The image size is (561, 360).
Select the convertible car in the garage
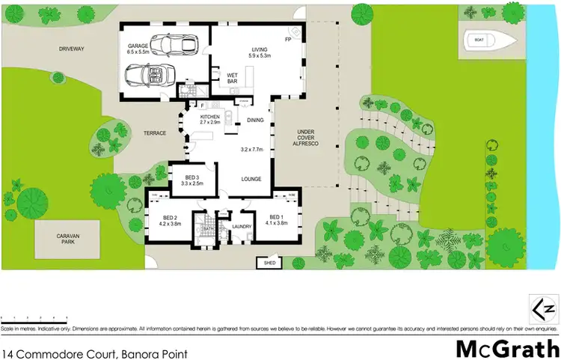point(149,76)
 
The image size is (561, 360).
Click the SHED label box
point(266,263)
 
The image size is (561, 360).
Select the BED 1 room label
point(275,219)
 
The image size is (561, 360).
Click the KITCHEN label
point(209,118)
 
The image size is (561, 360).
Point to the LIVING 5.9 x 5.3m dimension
point(259,53)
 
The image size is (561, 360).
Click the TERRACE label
point(155,132)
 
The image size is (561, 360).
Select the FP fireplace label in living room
point(287,38)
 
